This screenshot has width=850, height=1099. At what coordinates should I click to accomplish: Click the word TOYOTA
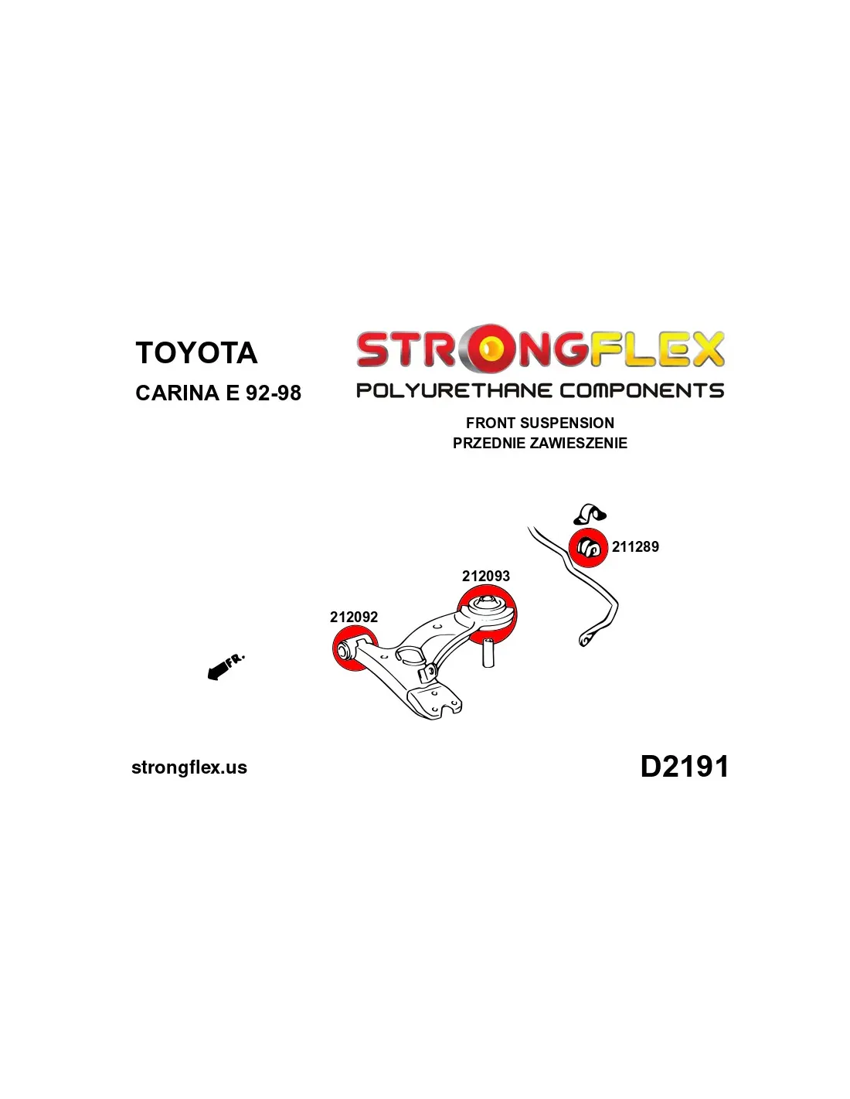(196, 352)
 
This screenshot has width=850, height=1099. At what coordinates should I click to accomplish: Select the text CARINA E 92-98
(218, 393)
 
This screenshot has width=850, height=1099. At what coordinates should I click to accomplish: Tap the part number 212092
(353, 617)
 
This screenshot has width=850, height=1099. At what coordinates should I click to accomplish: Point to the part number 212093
(485, 576)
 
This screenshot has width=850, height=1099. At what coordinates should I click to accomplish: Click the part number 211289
(635, 546)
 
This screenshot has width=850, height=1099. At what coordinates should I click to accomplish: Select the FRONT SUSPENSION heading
(539, 423)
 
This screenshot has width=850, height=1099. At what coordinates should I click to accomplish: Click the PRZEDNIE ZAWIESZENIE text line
(539, 443)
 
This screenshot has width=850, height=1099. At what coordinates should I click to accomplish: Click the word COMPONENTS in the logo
(641, 390)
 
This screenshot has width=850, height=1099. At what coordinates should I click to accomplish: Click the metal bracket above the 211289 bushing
(590, 513)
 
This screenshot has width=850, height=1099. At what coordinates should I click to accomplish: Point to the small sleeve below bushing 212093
(488, 653)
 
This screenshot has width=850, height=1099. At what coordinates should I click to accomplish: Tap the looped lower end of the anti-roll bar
(586, 639)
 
